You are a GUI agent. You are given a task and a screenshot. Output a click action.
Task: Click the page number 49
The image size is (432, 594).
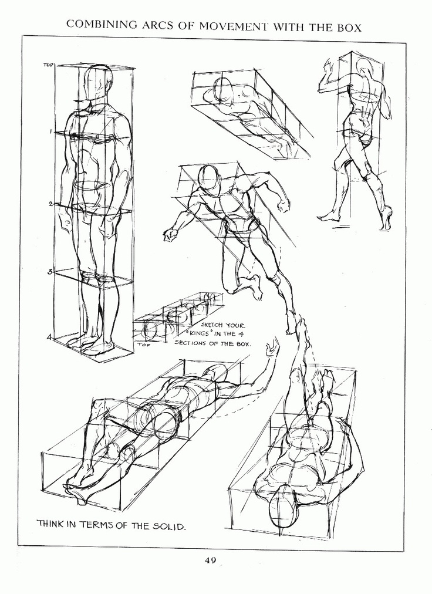pyautogui.click(x=211, y=560)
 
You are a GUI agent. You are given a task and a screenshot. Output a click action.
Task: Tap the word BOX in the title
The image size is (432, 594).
pyautogui.click(x=348, y=27)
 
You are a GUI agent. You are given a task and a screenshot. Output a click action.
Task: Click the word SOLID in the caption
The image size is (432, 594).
pyautogui.click(x=168, y=526)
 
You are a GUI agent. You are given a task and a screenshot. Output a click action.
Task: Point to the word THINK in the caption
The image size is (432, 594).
pyautogui.click(x=51, y=524)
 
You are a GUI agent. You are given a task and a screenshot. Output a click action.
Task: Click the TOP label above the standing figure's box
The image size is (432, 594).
pyautogui.click(x=48, y=65)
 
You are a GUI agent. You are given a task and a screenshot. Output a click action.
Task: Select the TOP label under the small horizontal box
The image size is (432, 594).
pyautogui.click(x=144, y=345)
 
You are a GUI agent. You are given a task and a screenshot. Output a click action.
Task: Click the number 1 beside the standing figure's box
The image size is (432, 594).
pyautogui.click(x=50, y=131)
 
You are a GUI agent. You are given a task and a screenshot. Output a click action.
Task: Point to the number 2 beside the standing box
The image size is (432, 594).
pyautogui.click(x=51, y=204)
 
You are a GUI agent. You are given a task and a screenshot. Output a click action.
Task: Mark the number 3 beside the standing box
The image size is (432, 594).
pyautogui.click(x=50, y=272)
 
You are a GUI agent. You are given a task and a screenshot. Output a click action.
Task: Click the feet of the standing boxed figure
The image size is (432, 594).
pyautogui.click(x=91, y=345)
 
